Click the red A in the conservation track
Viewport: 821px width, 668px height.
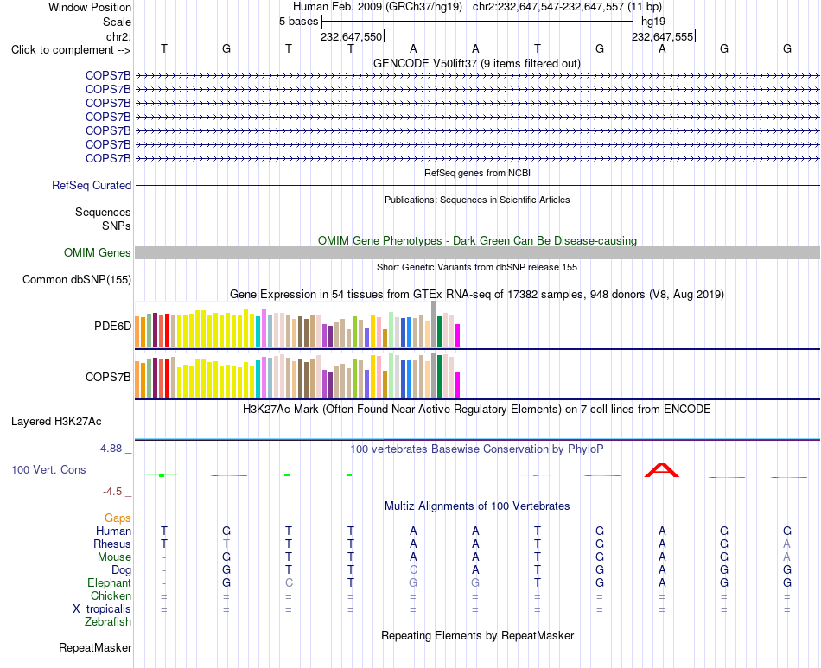(x=661, y=470)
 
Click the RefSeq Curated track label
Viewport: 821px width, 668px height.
(x=92, y=185)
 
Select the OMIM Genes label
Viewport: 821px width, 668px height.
(x=98, y=253)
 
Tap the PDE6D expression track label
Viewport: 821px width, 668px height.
(x=112, y=326)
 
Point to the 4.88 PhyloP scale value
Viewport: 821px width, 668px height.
(x=111, y=449)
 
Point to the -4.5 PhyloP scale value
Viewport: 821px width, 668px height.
(x=112, y=492)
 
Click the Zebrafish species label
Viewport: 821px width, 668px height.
(x=108, y=622)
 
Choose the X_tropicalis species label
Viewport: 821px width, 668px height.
(x=102, y=609)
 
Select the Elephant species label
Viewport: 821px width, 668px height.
(x=110, y=583)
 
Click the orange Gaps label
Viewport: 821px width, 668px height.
(x=118, y=518)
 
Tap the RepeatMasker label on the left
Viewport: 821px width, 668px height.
(x=95, y=648)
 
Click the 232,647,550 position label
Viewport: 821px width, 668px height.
(x=352, y=36)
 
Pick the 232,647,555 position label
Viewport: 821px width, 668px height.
(x=662, y=36)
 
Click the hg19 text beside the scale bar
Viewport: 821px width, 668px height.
(x=653, y=22)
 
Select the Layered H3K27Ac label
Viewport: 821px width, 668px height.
(x=56, y=422)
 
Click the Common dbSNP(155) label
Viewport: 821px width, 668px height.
(x=77, y=280)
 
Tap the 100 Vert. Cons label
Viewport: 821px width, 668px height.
(x=48, y=470)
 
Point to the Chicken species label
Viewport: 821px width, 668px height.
(x=111, y=596)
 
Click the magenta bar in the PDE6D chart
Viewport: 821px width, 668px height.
(x=458, y=336)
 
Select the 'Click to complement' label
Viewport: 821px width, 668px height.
(x=71, y=50)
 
